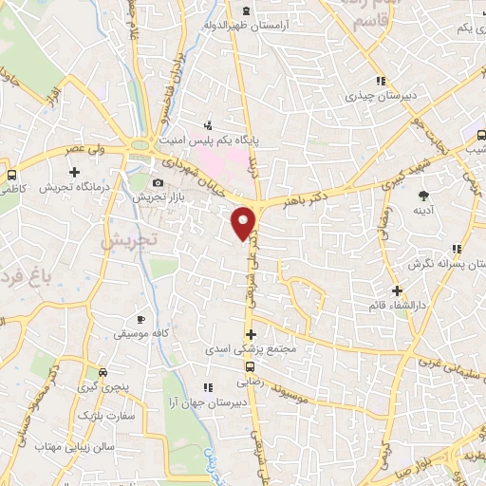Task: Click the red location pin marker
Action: [245, 222]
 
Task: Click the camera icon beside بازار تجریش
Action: [158, 181]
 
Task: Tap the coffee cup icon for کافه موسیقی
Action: [141, 320]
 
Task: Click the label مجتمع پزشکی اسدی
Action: [251, 349]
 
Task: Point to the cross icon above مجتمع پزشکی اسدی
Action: [251, 334]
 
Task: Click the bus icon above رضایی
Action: [251, 366]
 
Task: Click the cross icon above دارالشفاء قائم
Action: [397, 290]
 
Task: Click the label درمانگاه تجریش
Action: [76, 187]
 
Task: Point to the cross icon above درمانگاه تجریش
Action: [75, 172]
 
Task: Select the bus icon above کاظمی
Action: [11, 176]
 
